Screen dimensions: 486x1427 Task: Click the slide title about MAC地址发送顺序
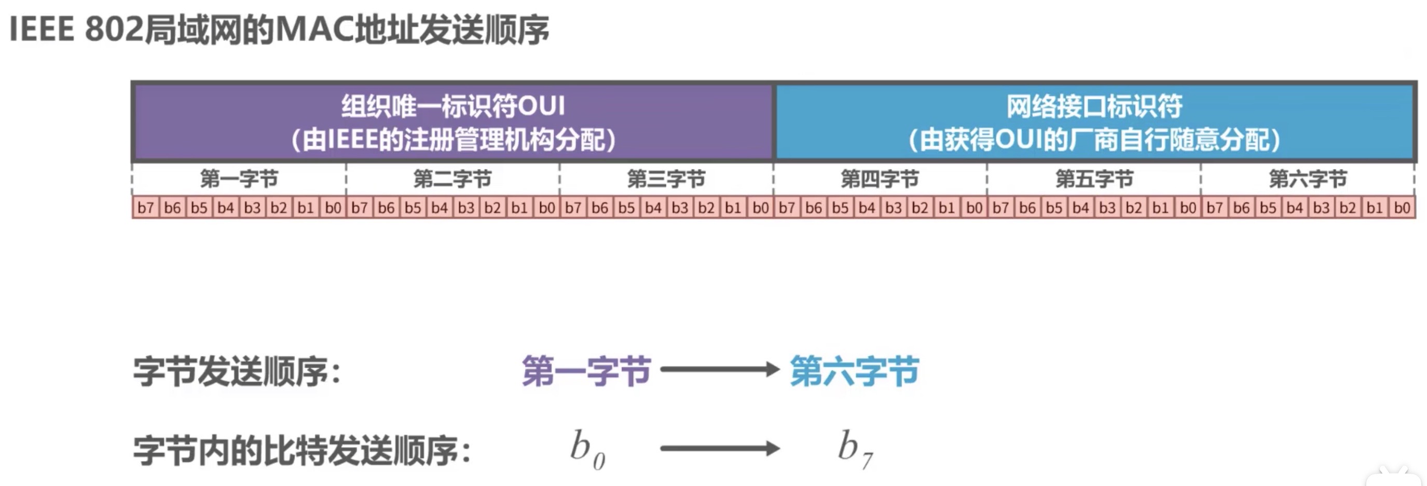279,30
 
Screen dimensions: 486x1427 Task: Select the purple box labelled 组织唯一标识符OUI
452,122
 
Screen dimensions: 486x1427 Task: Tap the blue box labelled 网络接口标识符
1094,122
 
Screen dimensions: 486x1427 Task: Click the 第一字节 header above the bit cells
239,179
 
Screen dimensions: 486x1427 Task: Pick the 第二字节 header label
452,179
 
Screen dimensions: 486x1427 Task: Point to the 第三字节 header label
666,179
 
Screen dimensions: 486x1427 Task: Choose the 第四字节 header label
880,179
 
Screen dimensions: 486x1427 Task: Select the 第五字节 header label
1094,179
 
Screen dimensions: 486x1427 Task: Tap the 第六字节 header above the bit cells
1308,179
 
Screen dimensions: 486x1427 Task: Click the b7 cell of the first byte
146,208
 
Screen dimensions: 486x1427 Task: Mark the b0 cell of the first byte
333,208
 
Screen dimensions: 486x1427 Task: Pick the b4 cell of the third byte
653,208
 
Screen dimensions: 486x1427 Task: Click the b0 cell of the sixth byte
1402,208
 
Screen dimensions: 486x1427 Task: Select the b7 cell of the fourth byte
787,208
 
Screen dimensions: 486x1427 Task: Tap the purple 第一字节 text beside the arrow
586,371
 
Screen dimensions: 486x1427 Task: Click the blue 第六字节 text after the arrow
854,371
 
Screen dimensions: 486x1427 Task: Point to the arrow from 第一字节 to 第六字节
720,369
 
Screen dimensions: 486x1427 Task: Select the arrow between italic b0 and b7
720,448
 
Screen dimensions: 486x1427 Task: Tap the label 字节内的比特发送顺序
302,451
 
